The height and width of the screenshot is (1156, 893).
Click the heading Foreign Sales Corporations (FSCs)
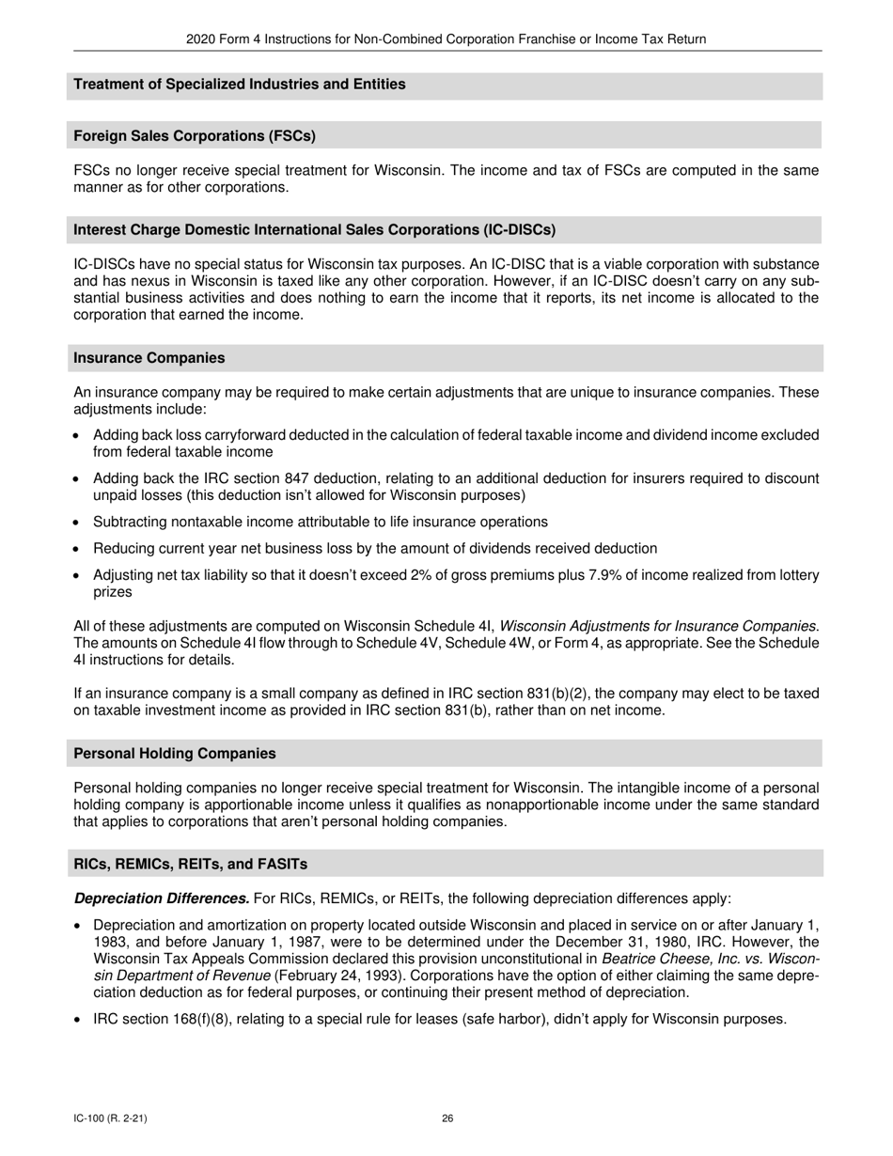coord(195,136)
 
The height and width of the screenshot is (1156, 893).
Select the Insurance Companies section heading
coord(149,358)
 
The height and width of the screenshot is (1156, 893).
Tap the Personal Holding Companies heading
coord(174,754)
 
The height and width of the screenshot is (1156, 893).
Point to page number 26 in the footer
coord(447,1118)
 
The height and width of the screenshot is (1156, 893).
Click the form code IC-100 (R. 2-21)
coord(110,1118)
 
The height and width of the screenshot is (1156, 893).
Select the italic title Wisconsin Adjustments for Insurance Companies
coord(657,626)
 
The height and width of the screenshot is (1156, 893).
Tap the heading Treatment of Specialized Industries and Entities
coord(240,85)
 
